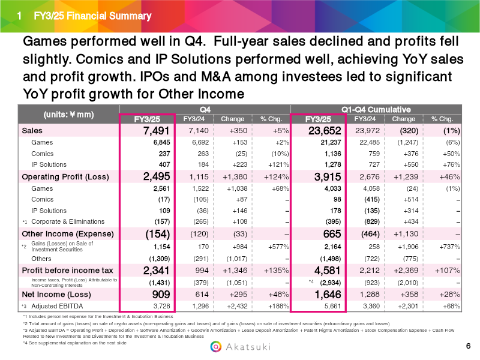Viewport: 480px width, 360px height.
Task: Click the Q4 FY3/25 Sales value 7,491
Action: (x=156, y=131)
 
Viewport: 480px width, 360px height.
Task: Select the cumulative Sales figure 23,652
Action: (x=325, y=131)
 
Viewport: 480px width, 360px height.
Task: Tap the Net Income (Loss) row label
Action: (x=56, y=295)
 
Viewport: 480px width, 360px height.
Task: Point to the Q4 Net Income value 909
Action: (x=161, y=295)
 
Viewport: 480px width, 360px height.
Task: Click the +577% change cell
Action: (x=278, y=247)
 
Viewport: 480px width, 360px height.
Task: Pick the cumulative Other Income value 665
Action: (x=332, y=234)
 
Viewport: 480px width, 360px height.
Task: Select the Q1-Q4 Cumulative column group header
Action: (x=376, y=110)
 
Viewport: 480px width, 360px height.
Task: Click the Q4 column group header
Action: (x=205, y=110)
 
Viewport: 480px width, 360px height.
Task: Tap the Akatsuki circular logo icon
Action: (x=216, y=347)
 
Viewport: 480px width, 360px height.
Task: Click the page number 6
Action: (x=468, y=346)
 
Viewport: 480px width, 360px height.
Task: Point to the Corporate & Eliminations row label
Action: (x=68, y=221)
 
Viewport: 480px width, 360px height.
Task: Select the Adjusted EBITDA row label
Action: (x=57, y=306)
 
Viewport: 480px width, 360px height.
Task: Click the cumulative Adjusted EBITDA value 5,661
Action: (x=332, y=306)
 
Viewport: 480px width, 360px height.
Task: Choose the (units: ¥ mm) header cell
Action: (x=68, y=115)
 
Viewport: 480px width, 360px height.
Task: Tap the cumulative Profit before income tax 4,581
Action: (x=328, y=271)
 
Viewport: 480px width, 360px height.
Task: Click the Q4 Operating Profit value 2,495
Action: (x=157, y=176)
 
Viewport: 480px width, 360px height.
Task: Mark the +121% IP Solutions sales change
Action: (x=278, y=164)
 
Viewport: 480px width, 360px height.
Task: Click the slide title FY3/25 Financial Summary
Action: (x=92, y=16)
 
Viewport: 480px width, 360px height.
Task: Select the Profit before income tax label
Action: (x=67, y=271)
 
